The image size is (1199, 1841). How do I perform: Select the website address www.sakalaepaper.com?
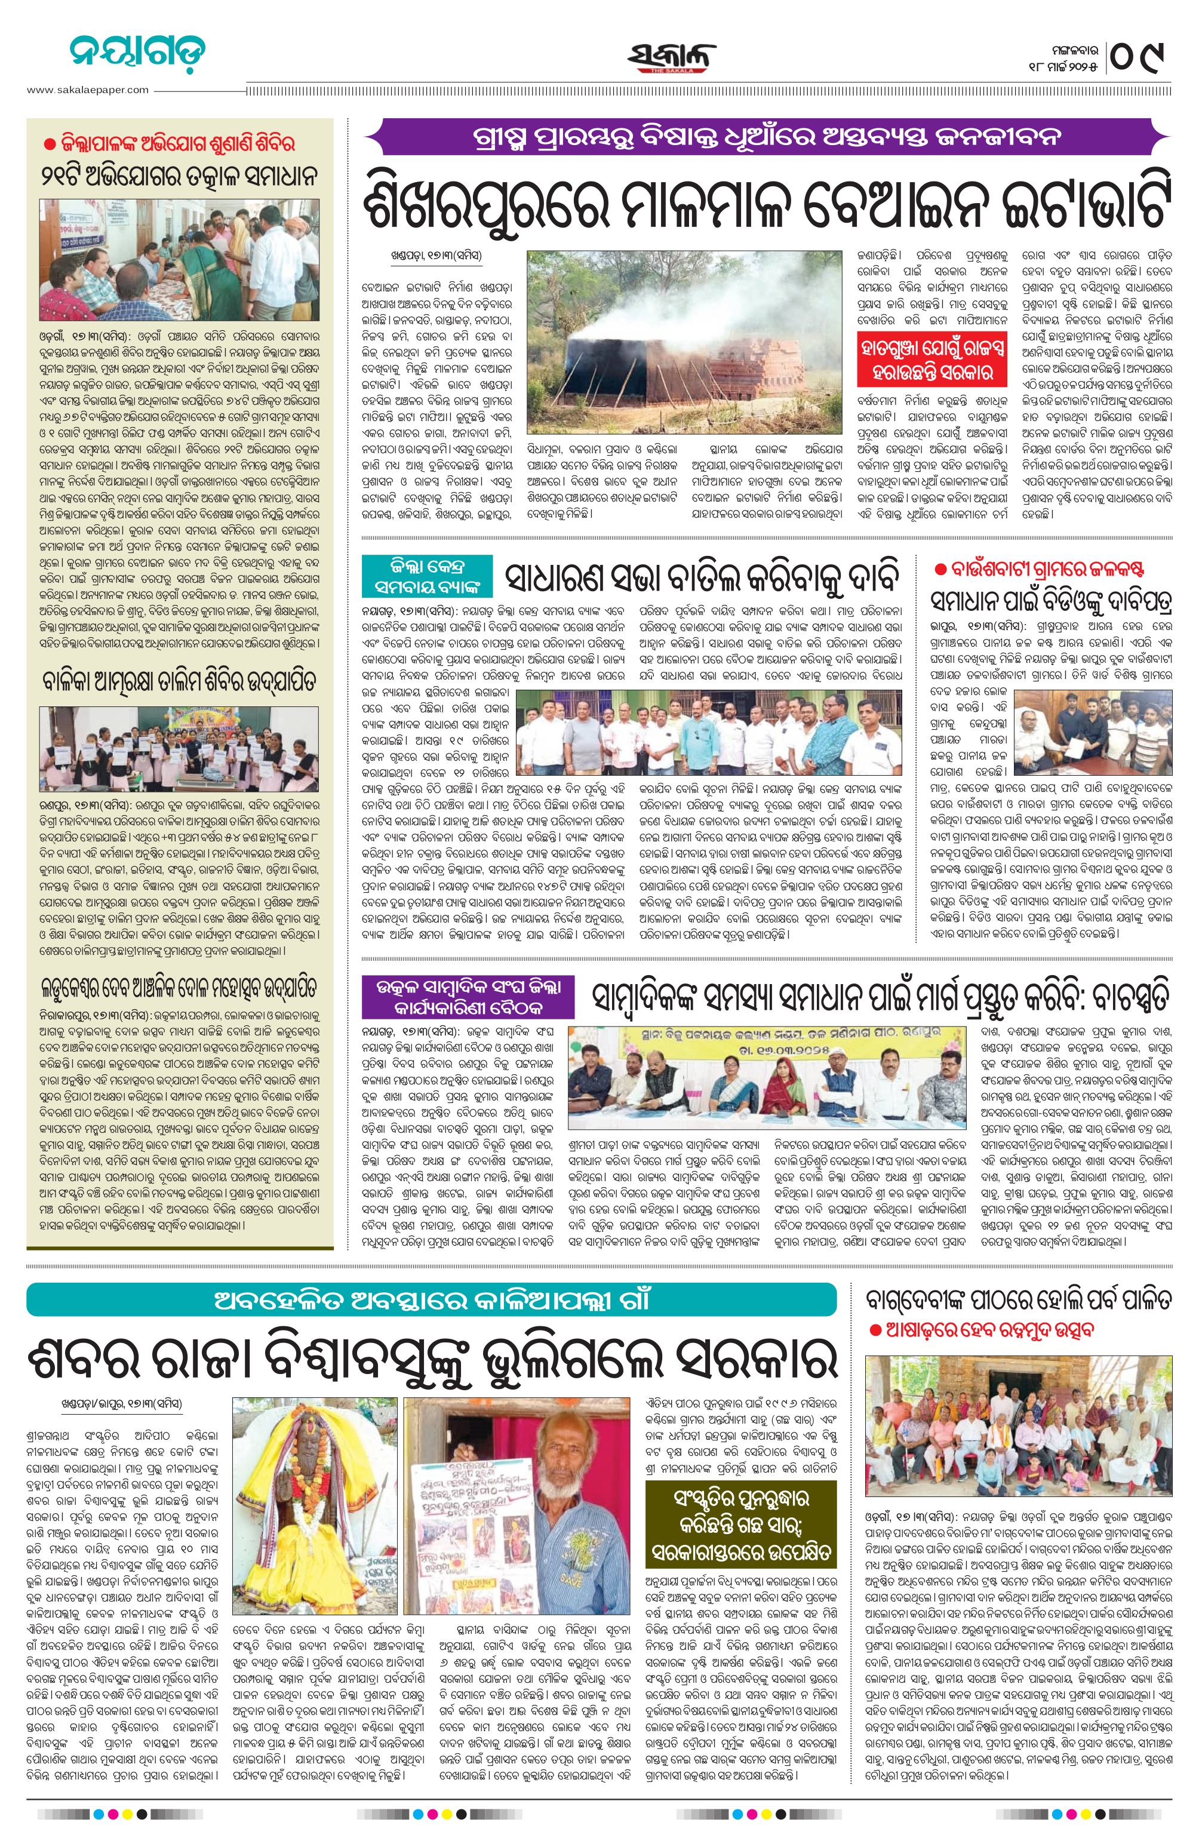click(x=87, y=90)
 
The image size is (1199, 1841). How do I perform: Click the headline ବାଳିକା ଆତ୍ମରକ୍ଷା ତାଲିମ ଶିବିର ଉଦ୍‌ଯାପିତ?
click(x=180, y=681)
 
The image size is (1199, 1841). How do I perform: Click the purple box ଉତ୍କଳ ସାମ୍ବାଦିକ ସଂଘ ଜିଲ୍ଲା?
click(x=468, y=997)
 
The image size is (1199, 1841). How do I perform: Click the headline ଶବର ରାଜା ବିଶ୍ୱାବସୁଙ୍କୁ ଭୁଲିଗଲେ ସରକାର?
click(x=431, y=1357)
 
